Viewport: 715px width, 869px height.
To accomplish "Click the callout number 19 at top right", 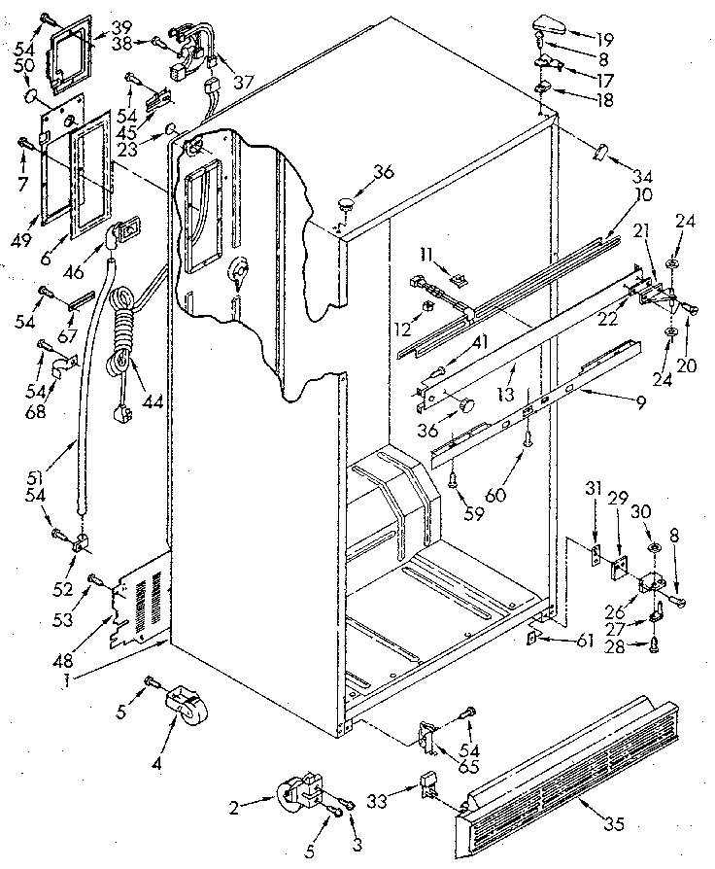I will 605,40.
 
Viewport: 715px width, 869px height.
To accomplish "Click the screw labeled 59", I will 454,477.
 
